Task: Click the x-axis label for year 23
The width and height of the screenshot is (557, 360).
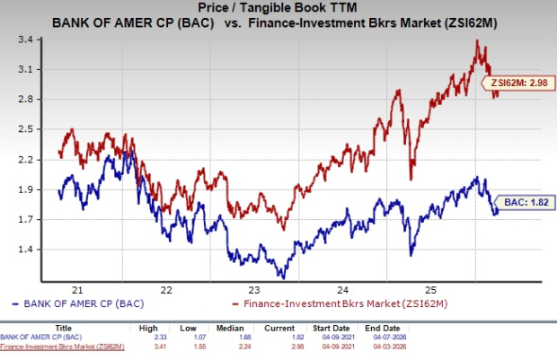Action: click(x=254, y=290)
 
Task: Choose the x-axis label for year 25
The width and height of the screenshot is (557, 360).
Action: click(x=430, y=290)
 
